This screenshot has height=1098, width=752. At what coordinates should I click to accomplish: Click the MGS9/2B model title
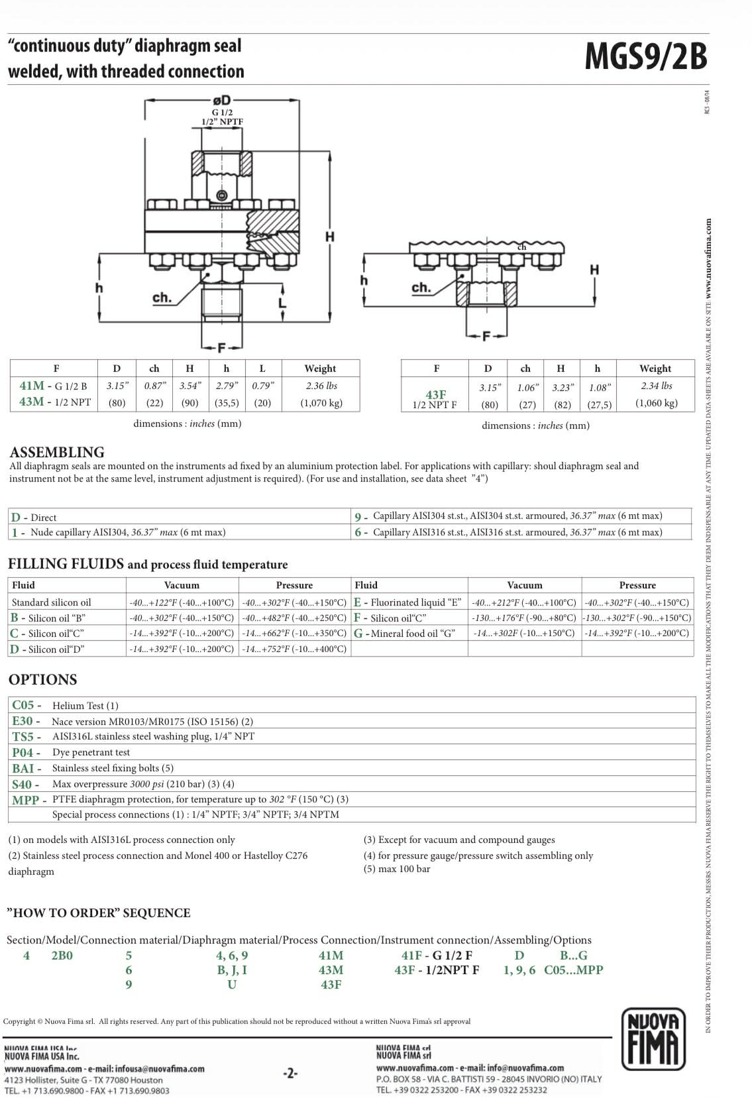(645, 56)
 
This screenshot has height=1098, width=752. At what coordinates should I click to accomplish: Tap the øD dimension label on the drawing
(221, 101)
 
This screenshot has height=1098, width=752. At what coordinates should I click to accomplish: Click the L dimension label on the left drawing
(282, 303)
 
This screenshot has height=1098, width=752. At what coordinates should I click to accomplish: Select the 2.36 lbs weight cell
(321, 386)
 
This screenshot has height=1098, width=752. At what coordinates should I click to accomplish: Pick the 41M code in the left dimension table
(32, 386)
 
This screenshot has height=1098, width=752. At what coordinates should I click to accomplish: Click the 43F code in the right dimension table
(435, 395)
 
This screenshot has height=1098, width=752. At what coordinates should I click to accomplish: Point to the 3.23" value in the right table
(562, 387)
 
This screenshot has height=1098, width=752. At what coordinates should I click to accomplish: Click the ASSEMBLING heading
(57, 453)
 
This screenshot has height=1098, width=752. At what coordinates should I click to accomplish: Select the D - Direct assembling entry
(34, 518)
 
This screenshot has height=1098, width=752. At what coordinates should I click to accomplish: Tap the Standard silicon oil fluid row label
(51, 602)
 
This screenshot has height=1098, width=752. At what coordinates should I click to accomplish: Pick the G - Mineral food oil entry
(405, 633)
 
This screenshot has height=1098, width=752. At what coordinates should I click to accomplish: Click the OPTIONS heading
(42, 680)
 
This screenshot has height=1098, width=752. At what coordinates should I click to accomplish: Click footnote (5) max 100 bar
(397, 869)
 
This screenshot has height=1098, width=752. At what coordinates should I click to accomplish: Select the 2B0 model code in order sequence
(62, 956)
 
